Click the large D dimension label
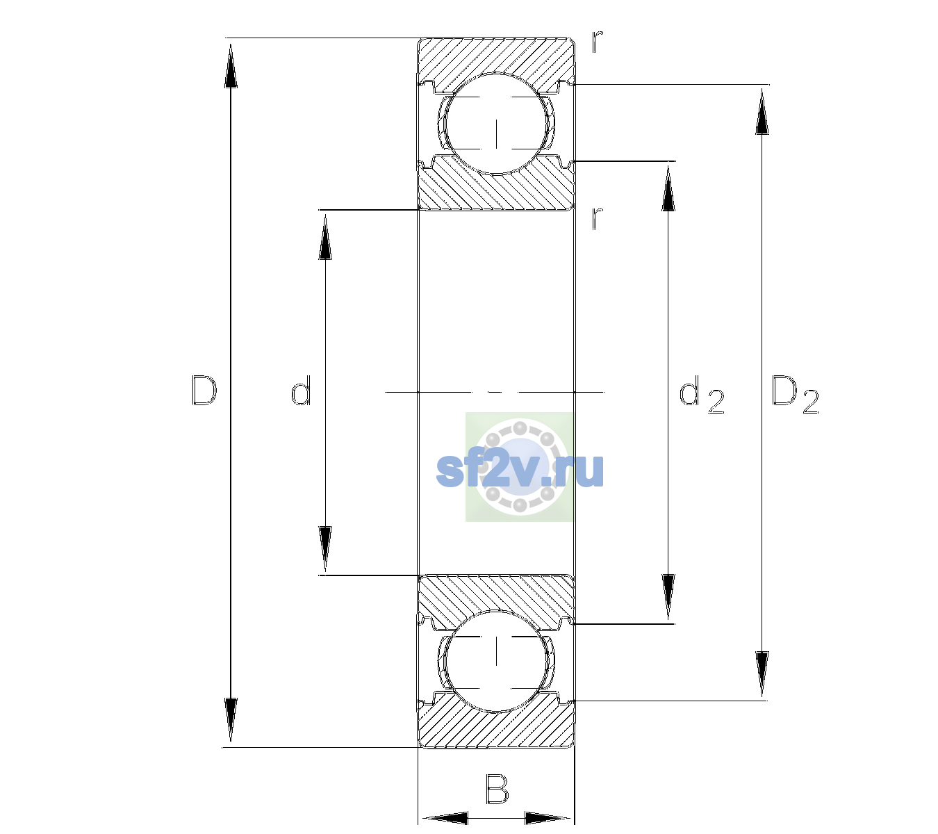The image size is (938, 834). point(204,391)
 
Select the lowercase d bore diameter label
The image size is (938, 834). point(301,391)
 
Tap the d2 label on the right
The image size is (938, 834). point(702,394)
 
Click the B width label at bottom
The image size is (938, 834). point(497,789)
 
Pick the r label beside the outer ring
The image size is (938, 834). point(598,42)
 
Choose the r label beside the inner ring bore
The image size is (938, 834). point(598,218)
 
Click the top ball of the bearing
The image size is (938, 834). point(496,124)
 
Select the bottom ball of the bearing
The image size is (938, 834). point(496,661)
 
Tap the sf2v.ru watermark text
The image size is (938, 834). point(520,470)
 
